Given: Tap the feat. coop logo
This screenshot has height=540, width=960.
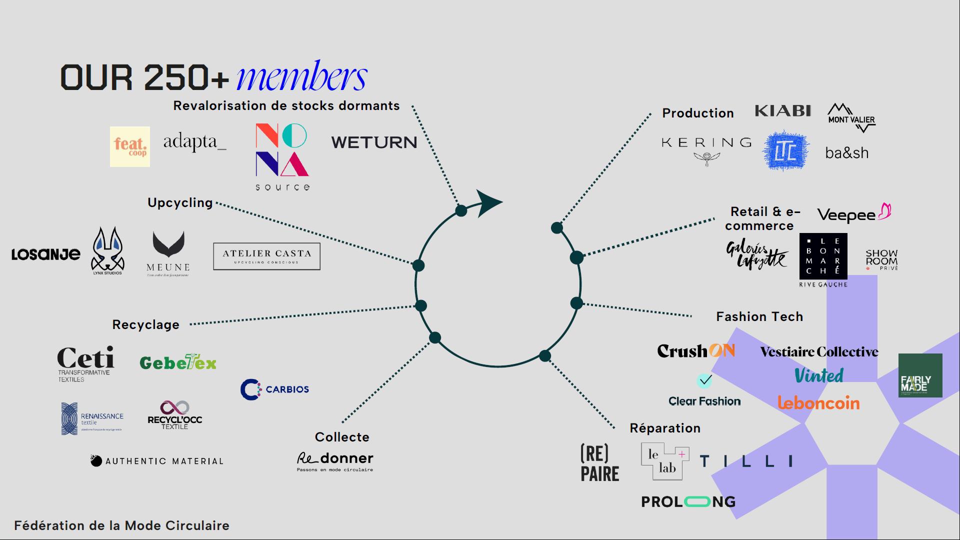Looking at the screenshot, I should pos(130,146).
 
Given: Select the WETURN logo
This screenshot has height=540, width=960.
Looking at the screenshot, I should pos(374,142).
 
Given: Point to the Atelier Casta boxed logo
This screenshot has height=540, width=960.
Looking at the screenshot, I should pos(266,256).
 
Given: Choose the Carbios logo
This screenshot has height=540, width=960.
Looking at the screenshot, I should pos(274,389).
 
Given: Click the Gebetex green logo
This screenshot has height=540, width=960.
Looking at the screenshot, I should pos(178,362).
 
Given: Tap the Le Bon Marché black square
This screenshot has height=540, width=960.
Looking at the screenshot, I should pos(823,256).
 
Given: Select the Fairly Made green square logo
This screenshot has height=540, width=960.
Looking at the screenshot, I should pos(920,375).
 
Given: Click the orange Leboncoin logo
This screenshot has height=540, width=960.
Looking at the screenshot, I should pos(818,402).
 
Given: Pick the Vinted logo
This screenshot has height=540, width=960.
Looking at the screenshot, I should pos(819,375).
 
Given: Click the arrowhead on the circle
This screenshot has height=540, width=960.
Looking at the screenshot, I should pos(488,202).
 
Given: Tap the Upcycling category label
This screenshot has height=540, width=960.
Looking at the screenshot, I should pos(180,202).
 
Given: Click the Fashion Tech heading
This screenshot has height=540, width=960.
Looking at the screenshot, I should pos(759,316).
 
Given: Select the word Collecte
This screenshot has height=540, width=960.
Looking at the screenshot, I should pos(342,437).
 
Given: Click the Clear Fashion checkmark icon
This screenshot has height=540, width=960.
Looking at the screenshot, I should pos(704,381).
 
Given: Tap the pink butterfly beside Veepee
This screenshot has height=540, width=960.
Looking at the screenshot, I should pos(885,211).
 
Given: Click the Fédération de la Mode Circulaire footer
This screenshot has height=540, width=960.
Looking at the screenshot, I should pos(121,525).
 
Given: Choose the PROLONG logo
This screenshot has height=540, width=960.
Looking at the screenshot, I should pos(688,501).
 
